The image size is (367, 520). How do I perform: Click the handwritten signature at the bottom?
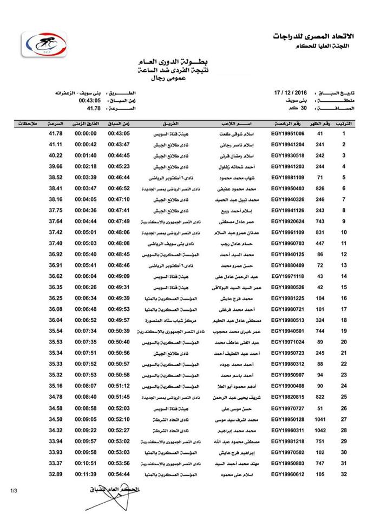111,491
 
